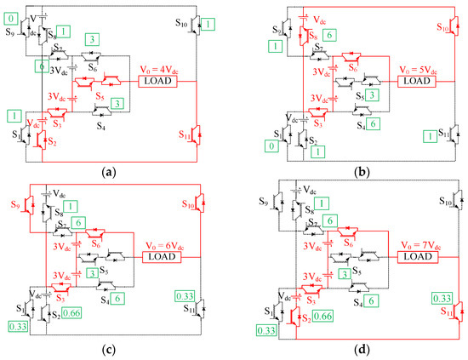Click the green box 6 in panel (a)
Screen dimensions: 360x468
41,65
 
